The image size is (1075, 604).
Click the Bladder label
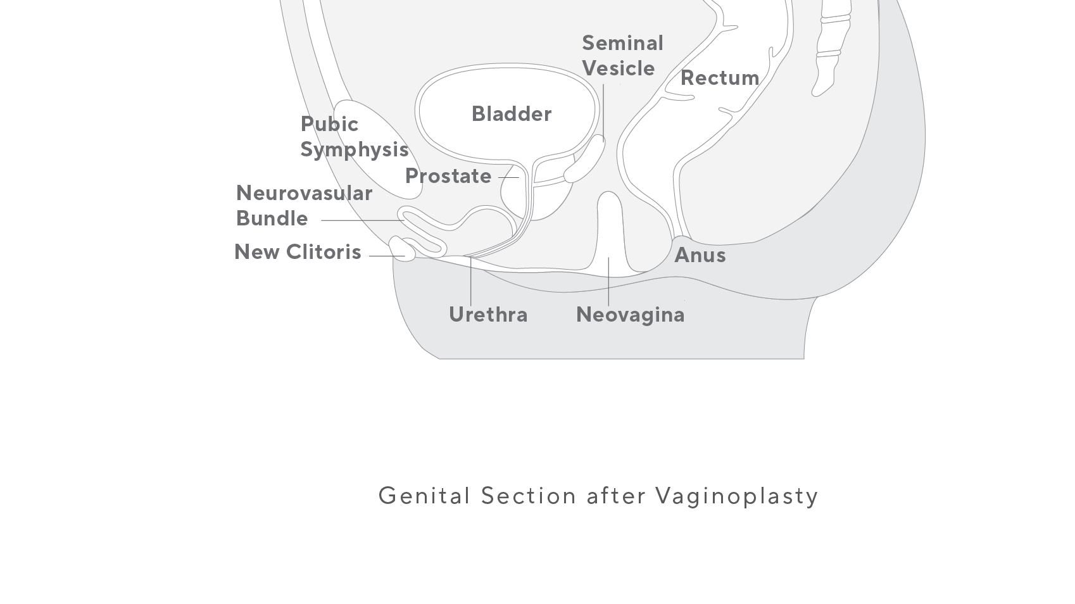pyautogui.click(x=512, y=114)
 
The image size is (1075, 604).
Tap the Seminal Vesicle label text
pyautogui.click(x=622, y=56)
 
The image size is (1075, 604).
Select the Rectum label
pyautogui.click(x=720, y=78)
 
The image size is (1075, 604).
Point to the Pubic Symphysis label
pyautogui.click(x=353, y=137)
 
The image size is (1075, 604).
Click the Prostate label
pyautogui.click(x=448, y=176)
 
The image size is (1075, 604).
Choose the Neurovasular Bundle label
pyautogui.click(x=304, y=205)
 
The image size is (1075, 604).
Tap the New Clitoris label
pyautogui.click(x=298, y=252)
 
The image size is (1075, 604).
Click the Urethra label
pyautogui.click(x=488, y=315)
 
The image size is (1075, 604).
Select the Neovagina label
pyautogui.click(x=630, y=315)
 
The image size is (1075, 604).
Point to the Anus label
pyautogui.click(x=700, y=255)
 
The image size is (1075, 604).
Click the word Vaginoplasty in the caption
pyautogui.click(x=736, y=496)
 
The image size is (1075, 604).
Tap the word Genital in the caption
pyautogui.click(x=424, y=496)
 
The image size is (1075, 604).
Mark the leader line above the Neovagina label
pyautogui.click(x=608, y=282)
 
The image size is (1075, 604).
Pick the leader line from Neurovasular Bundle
pyautogui.click(x=361, y=220)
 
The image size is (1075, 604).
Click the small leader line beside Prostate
pyautogui.click(x=508, y=177)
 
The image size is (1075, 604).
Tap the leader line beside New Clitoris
pyautogui.click(x=386, y=256)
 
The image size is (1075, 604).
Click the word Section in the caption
pyautogui.click(x=528, y=496)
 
